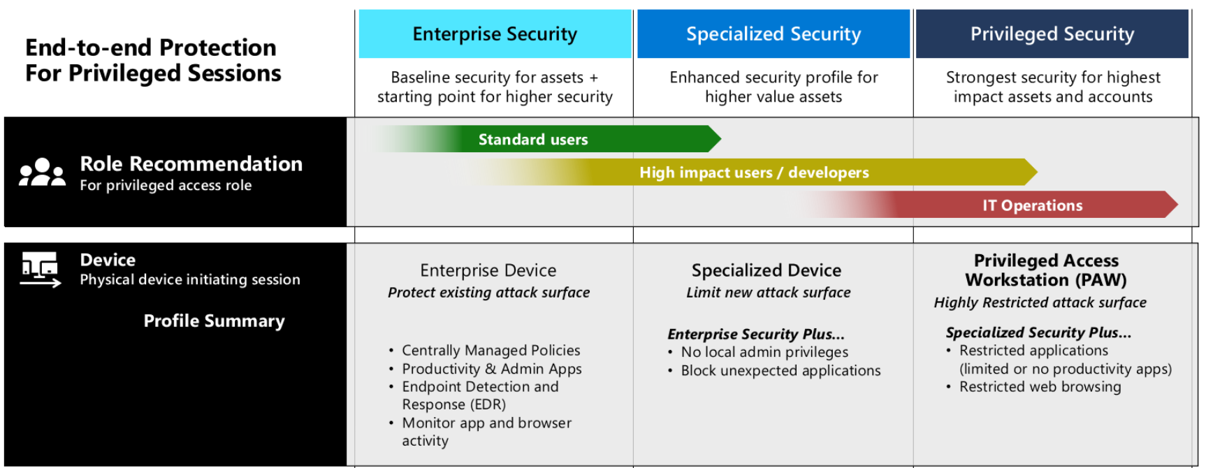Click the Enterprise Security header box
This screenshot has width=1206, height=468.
495,34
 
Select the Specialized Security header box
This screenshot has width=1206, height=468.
773,34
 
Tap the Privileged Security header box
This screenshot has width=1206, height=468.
1052,34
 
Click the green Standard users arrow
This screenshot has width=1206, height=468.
559,139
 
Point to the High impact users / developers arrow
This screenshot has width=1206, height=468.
755,173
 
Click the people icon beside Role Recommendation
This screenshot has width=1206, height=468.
42,173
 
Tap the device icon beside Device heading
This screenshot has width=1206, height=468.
41,270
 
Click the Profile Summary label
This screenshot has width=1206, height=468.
214,321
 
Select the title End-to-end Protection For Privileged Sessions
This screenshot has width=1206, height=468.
152,60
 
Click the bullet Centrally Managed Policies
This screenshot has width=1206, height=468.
491,350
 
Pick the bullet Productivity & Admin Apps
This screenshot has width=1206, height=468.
491,368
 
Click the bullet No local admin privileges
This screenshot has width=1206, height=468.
764,352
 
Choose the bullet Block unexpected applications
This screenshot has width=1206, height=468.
780,370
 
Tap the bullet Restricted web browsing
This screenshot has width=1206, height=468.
1040,386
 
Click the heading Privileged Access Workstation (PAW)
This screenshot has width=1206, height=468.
1046,270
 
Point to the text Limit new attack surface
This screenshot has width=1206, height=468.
768,293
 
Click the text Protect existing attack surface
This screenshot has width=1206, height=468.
488,293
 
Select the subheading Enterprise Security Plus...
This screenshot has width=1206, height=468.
755,334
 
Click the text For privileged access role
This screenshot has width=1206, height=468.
166,185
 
